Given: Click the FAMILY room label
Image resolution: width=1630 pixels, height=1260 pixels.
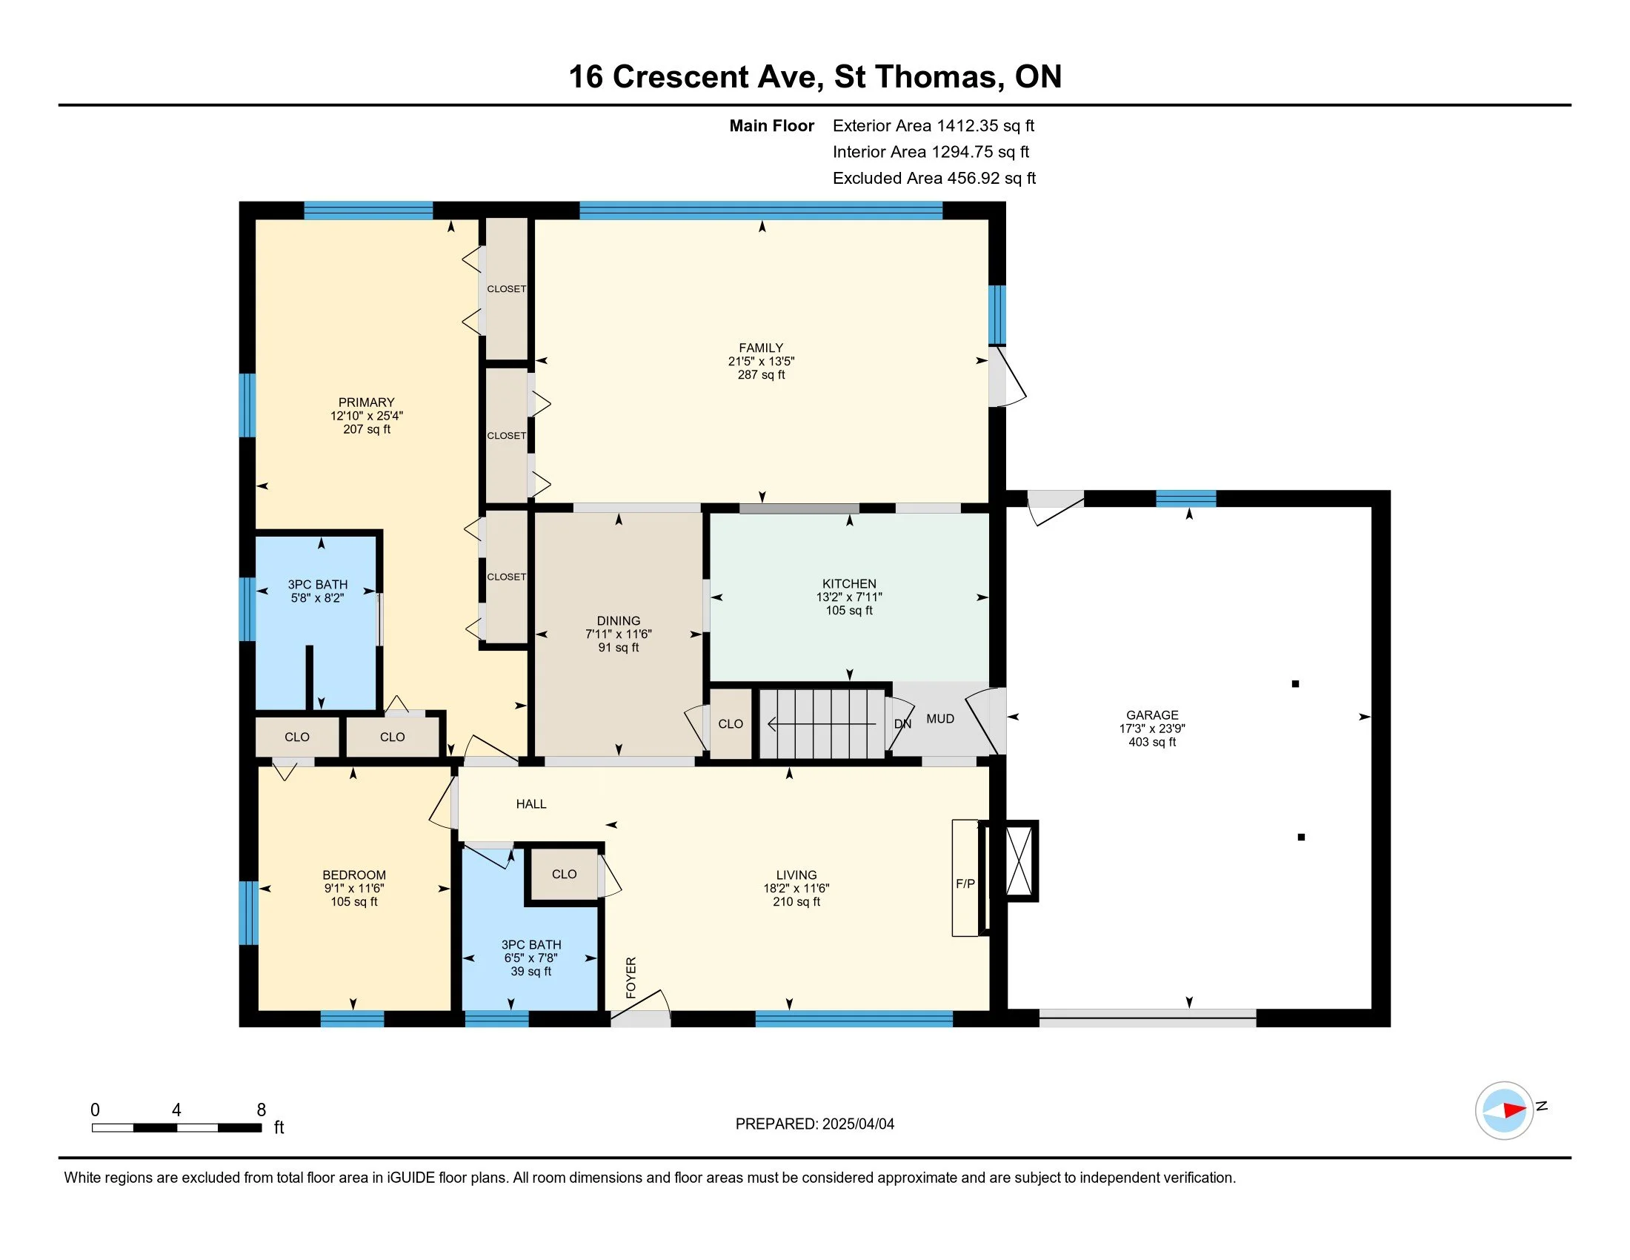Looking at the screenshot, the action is coord(760,348).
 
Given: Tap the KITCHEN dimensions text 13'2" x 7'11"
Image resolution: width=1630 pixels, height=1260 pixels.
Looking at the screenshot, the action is coord(848,597).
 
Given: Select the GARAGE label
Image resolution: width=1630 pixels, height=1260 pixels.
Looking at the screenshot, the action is coord(1151,715).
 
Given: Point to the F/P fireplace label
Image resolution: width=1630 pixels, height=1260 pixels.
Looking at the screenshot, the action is coord(965,883).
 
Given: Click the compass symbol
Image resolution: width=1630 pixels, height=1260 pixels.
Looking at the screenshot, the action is coord(1504,1111).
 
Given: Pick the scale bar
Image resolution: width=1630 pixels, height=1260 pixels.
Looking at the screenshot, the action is coord(177,1128).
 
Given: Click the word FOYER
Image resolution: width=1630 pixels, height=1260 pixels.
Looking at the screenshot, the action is coord(631,978).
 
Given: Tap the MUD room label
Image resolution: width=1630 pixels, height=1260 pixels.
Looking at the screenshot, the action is coord(939,719).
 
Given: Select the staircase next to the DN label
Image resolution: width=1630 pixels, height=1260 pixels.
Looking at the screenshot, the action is coord(822,723).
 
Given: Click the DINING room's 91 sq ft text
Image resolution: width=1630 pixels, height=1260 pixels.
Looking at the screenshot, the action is coord(618,648).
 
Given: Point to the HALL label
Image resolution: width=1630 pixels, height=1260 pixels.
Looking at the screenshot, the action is coord(530,804).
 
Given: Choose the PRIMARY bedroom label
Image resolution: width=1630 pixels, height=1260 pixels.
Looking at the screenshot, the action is coord(366,402).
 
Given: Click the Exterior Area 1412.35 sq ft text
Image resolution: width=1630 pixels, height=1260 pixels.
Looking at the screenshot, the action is coord(933,126).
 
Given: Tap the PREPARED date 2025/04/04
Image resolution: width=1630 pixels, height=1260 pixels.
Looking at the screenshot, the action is coord(856,1124).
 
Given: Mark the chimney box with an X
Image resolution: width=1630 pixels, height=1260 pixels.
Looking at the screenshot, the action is coord(1019,861).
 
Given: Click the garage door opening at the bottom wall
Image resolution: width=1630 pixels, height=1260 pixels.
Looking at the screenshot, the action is coord(1147,1018).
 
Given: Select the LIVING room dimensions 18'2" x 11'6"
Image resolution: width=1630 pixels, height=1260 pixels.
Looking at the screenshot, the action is coord(796,888).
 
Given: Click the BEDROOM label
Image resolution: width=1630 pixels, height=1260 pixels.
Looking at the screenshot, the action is coord(353,875).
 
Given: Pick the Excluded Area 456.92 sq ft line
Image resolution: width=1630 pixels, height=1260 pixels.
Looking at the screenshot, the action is coord(934,179).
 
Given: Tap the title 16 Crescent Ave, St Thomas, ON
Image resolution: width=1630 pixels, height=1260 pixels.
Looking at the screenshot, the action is coord(815,77).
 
